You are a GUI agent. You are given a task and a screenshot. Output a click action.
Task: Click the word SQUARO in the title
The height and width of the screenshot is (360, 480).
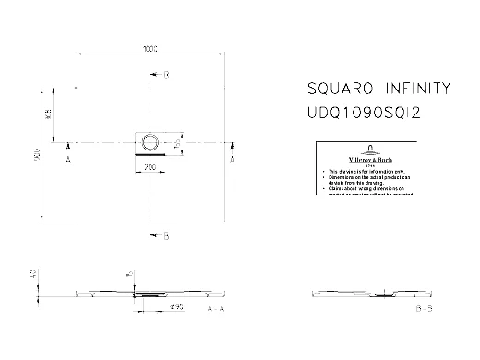pyautogui.click(x=338, y=90)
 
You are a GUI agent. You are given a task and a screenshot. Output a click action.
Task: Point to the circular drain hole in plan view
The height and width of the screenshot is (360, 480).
pyautogui.click(x=152, y=142)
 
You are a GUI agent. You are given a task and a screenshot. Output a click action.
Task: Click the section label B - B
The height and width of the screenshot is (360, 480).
pyautogui.click(x=424, y=306)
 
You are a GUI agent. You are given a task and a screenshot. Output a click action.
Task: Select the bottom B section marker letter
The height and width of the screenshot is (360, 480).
pyautogui.click(x=166, y=236)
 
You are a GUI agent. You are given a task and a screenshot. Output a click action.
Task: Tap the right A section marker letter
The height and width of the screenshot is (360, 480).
pyautogui.click(x=232, y=160)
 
